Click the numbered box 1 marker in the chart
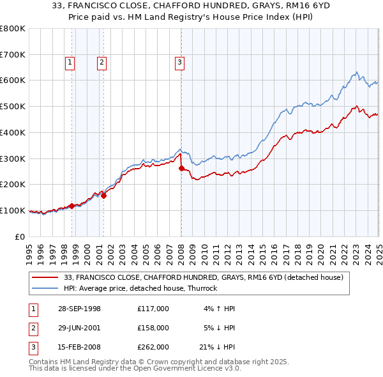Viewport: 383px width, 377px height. point(70,62)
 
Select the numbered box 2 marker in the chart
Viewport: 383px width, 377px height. point(101,62)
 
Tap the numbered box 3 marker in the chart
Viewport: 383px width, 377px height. point(179,62)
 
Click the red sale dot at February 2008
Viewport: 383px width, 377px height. point(181,168)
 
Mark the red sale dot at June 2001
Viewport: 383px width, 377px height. point(103,196)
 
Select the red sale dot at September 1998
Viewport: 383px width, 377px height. point(71,206)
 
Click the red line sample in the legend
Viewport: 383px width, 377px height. point(46,277)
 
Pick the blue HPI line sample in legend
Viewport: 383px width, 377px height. point(46,288)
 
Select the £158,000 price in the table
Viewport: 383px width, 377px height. point(153,328)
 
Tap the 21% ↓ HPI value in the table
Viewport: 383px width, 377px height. point(214,347)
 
